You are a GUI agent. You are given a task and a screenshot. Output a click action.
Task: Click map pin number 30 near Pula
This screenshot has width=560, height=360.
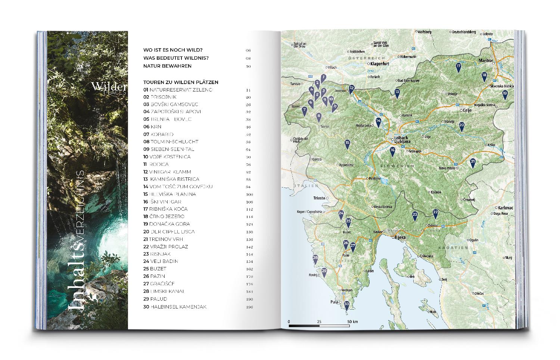[346, 305]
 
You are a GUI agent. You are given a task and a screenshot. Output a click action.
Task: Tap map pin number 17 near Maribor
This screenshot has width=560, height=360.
[458, 66]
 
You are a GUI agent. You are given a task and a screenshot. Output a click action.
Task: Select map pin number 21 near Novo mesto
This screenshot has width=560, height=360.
[473, 162]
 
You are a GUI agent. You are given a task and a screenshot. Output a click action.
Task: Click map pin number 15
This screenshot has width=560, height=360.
[347, 143]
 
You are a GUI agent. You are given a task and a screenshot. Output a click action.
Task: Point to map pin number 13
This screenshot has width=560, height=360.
[397, 93]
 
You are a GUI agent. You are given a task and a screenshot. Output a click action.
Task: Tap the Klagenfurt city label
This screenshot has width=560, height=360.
[380, 64]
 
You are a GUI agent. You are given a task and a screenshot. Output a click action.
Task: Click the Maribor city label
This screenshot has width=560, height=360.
[486, 60]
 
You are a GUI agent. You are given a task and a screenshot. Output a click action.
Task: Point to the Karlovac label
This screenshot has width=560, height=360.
[505, 208]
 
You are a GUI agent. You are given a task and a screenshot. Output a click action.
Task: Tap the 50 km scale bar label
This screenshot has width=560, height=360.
[352, 322]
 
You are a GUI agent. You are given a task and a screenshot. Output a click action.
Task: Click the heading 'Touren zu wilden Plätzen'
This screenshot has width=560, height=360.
[181, 82]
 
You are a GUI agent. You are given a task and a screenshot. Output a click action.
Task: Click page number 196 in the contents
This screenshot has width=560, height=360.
[249, 307]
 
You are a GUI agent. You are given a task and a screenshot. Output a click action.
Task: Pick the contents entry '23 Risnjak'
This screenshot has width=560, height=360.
[159, 254]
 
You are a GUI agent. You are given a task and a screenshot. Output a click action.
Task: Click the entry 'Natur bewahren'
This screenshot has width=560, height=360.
[167, 66]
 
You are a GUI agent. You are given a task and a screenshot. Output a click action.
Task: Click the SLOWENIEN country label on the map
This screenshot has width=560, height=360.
[398, 165]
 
